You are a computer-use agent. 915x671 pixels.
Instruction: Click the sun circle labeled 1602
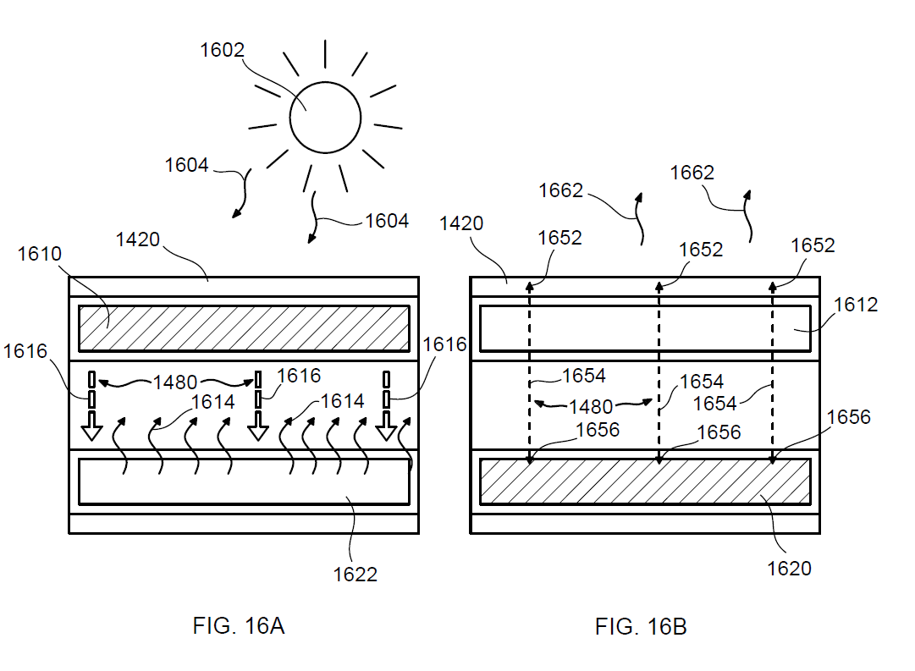[x=325, y=117]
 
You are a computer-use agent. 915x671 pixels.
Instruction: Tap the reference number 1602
[x=222, y=50]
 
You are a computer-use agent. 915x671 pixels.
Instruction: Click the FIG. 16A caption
[x=239, y=626]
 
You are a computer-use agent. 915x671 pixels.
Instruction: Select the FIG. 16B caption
[x=641, y=627]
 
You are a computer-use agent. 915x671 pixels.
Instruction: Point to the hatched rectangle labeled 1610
[x=244, y=327]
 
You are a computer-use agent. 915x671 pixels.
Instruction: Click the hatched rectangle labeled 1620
[x=645, y=481]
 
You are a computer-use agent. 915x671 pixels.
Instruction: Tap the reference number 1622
[x=355, y=575]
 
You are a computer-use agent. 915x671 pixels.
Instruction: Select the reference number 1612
[x=857, y=304]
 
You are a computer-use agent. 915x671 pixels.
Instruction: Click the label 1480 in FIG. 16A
[x=176, y=382]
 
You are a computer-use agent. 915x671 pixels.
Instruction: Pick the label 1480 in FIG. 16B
[x=591, y=407]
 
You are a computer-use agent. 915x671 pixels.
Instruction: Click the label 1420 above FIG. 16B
[x=461, y=223]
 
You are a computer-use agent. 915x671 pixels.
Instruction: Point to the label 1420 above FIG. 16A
[x=137, y=239]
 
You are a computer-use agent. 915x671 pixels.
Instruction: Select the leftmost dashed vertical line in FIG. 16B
[x=530, y=372]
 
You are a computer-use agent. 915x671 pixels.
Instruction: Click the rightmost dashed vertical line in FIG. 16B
[x=772, y=372]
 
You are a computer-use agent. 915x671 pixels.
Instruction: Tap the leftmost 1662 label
[x=560, y=190]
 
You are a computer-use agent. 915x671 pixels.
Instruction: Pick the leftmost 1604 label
[x=186, y=165]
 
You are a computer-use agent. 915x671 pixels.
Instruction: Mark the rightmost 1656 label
[x=848, y=416]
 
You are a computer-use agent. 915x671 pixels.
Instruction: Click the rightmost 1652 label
[x=813, y=245]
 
